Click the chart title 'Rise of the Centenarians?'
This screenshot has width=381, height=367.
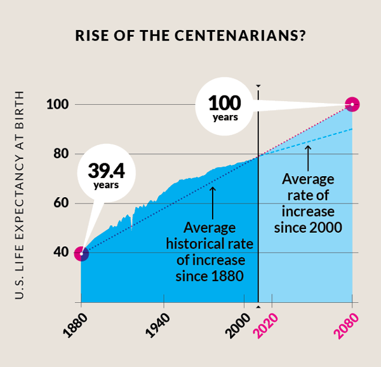click(190, 36)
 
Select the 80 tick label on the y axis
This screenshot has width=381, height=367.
click(58, 154)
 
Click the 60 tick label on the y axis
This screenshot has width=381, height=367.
click(58, 204)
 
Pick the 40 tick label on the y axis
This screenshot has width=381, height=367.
click(58, 253)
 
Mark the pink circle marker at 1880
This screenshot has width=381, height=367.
click(81, 254)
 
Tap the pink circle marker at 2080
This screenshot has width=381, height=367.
click(352, 104)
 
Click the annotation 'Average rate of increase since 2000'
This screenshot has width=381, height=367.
click(308, 202)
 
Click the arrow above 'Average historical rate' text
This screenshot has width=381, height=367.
click(213, 200)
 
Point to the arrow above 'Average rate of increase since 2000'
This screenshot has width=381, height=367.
click(308, 155)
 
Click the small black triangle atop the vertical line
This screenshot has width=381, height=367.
click(258, 85)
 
